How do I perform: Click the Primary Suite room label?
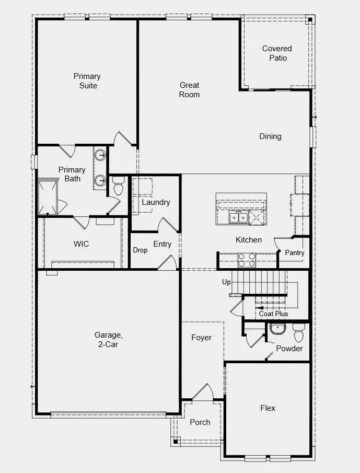tap(87, 81)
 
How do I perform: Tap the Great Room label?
tap(189, 90)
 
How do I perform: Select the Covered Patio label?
tap(277, 53)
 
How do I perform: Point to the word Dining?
tap(270, 136)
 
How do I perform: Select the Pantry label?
tap(294, 252)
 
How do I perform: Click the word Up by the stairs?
tap(226, 282)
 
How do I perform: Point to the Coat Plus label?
tap(274, 314)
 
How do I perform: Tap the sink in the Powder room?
tap(276, 329)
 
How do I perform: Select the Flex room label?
tap(268, 408)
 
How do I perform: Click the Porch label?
tap(200, 422)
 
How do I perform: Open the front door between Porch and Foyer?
tap(203, 393)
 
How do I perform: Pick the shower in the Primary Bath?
tap(48, 197)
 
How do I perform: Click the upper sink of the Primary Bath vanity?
tap(100, 155)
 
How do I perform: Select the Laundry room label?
tap(156, 202)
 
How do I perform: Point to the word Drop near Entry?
tap(140, 250)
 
